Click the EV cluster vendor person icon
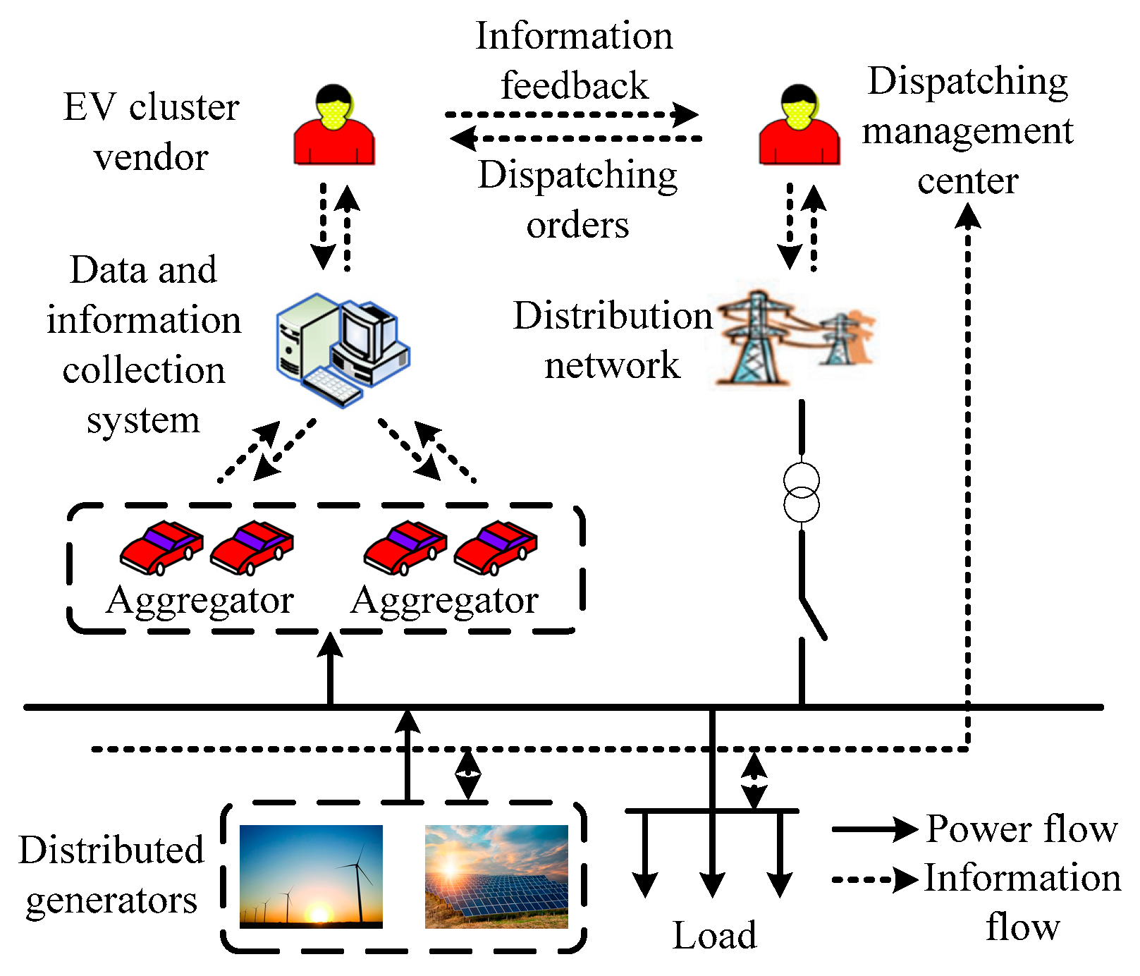click(x=334, y=127)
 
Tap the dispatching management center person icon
click(x=799, y=127)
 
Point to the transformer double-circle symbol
click(x=802, y=494)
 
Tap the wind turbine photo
click(x=311, y=877)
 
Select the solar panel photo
click(x=496, y=877)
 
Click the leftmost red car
click(x=161, y=547)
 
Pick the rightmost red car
click(x=496, y=547)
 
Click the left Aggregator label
click(x=200, y=602)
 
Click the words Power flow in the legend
click(x=1022, y=829)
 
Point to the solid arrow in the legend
click(x=874, y=829)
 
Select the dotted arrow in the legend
click(x=874, y=879)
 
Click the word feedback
click(x=574, y=86)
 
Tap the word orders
click(x=577, y=226)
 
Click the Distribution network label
click(x=612, y=340)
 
